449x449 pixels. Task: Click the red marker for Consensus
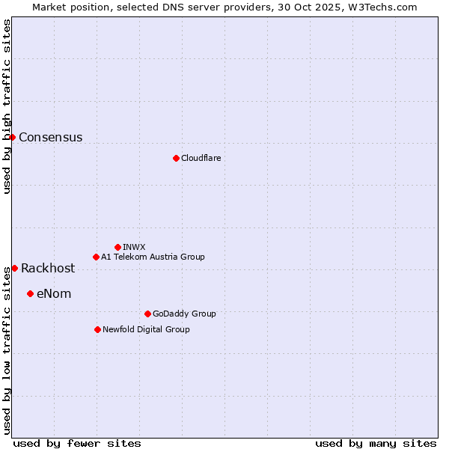click(x=12, y=137)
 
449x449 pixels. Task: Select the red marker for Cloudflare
click(x=176, y=158)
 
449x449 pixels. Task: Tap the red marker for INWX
click(x=117, y=247)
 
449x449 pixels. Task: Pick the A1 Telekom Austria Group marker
click(x=96, y=257)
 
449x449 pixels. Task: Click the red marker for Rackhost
click(x=14, y=268)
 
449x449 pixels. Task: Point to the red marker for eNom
click(x=30, y=293)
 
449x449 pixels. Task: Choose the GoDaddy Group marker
click(x=147, y=314)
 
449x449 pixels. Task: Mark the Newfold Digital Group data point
click(x=97, y=329)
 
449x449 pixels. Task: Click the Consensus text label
click(x=51, y=138)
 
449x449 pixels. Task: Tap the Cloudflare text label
click(x=201, y=159)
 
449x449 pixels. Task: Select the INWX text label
click(x=134, y=248)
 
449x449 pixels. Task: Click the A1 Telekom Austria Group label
click(x=153, y=257)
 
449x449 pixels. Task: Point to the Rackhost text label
click(x=48, y=269)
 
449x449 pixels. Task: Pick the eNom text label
click(x=54, y=294)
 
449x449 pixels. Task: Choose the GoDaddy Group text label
click(x=184, y=314)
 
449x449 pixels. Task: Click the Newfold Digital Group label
click(x=146, y=330)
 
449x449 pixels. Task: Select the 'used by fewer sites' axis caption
click(x=77, y=443)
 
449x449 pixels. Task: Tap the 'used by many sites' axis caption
click(x=376, y=443)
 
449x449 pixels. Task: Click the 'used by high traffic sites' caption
click(x=7, y=106)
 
